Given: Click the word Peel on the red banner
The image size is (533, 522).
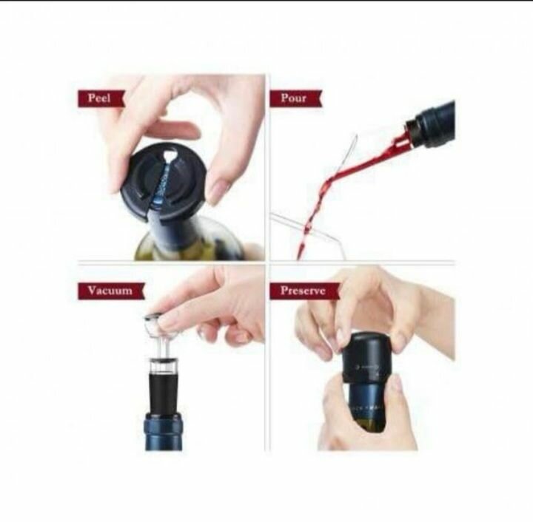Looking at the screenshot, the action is [99, 98].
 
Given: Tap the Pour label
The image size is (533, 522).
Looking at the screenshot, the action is [293, 98].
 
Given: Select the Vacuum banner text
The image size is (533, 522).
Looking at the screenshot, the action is [110, 291].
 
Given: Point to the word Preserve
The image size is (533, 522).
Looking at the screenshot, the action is [303, 291].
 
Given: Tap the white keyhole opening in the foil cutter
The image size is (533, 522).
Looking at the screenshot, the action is [170, 157].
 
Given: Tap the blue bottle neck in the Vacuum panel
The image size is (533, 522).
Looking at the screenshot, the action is [163, 432].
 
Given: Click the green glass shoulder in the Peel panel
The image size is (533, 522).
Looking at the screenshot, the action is [190, 245].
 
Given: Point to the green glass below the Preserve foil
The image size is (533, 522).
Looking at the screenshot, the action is [371, 426].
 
